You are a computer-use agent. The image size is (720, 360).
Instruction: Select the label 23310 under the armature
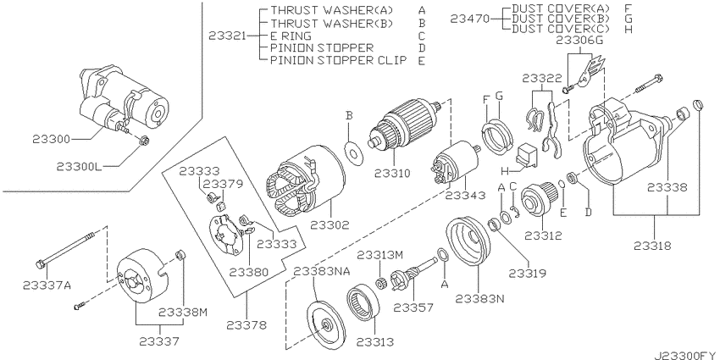tap(392, 173)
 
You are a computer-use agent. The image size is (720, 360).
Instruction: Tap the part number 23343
tap(465, 196)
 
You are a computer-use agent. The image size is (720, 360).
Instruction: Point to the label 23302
tap(330, 225)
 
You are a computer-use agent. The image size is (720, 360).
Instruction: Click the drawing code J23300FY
tap(685, 354)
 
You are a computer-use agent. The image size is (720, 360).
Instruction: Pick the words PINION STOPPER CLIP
tap(339, 59)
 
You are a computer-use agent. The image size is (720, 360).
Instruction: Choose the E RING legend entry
tap(291, 36)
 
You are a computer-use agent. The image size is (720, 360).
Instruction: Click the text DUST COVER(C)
tap(560, 29)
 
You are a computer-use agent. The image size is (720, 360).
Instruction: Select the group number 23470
tap(469, 19)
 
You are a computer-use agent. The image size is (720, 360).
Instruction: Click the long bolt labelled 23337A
tap(64, 250)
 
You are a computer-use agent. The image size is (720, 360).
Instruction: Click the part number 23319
tap(527, 274)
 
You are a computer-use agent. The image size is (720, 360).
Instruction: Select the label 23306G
tap(579, 41)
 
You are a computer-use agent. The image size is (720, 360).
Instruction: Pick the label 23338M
tap(183, 313)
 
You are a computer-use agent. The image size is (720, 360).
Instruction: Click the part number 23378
tap(246, 325)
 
